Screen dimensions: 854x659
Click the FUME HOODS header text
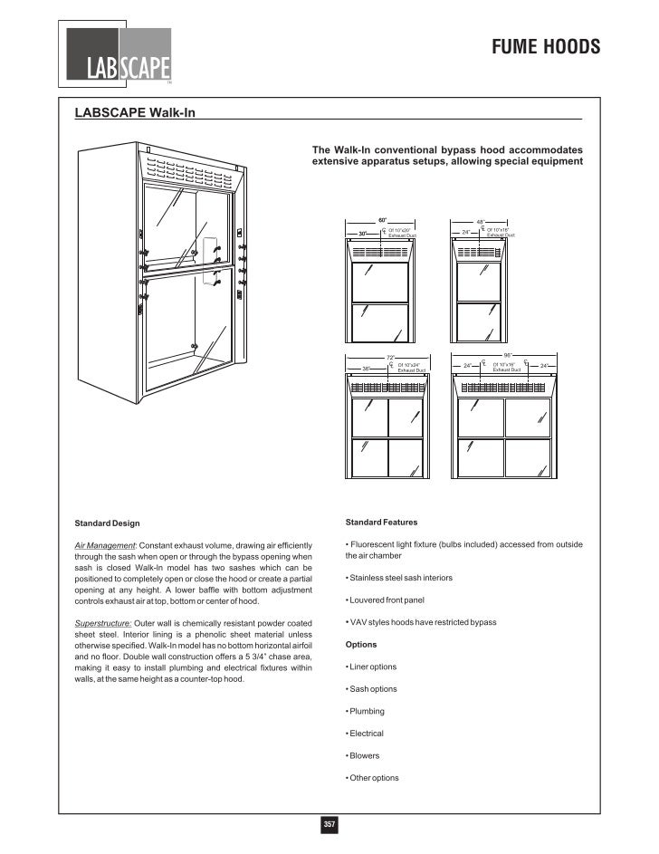pyautogui.click(x=546, y=47)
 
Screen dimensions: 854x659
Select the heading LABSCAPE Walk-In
pyautogui.click(x=134, y=113)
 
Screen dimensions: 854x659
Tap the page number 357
pyautogui.click(x=329, y=824)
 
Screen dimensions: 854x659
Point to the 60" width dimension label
pyautogui.click(x=382, y=220)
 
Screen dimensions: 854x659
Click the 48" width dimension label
pyautogui.click(x=481, y=220)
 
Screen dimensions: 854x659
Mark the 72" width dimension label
pyautogui.click(x=391, y=358)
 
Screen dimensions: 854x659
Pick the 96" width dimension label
pyautogui.click(x=507, y=355)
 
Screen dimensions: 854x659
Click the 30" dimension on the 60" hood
pyautogui.click(x=363, y=234)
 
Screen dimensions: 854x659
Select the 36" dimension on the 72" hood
pyautogui.click(x=367, y=369)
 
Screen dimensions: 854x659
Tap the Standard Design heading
pyautogui.click(x=107, y=523)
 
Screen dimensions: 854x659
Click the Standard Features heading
pyautogui.click(x=381, y=523)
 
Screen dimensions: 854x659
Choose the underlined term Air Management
pyautogui.click(x=103, y=545)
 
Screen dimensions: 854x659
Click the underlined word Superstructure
pyautogui.click(x=102, y=623)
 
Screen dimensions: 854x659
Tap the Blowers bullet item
pyautogui.click(x=365, y=755)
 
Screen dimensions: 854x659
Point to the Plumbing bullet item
pyautogui.click(x=367, y=711)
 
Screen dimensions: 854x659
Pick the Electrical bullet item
pyautogui.click(x=367, y=734)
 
